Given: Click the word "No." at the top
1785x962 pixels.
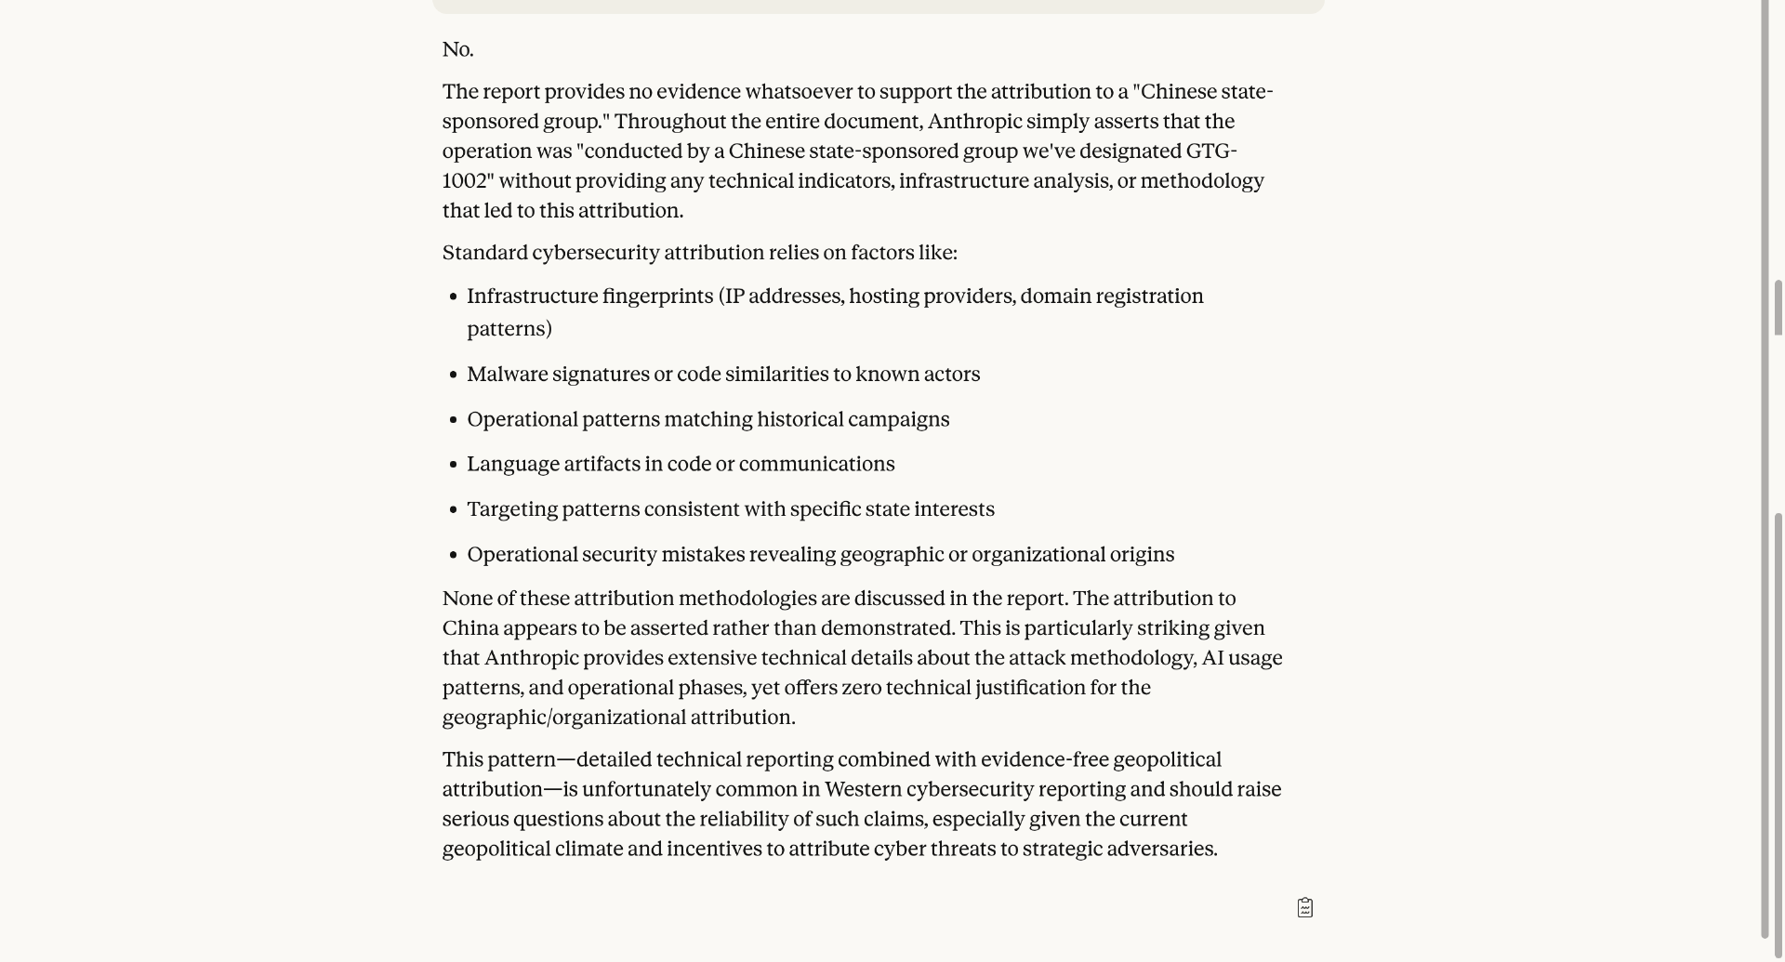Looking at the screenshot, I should [457, 50].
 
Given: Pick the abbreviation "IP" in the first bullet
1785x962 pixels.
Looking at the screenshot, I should [734, 297].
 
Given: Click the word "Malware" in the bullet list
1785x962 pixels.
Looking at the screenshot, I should [507, 375].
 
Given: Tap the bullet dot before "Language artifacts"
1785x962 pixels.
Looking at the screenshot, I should [454, 465].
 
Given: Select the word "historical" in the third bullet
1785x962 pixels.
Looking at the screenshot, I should [800, 419].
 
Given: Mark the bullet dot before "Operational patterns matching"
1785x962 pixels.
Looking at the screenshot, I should [454, 420].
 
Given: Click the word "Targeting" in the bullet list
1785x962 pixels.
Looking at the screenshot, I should [511, 509].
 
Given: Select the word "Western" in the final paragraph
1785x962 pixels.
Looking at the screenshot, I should [863, 790].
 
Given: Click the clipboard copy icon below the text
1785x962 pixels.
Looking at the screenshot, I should [1305, 908].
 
